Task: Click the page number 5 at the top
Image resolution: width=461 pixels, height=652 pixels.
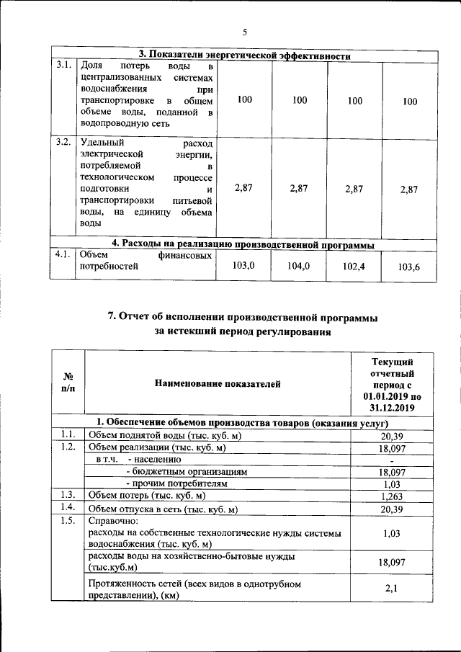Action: [x=244, y=32]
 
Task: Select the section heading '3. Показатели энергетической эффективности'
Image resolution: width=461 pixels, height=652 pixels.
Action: [x=244, y=55]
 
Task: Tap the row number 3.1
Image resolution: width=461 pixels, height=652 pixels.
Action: [x=63, y=65]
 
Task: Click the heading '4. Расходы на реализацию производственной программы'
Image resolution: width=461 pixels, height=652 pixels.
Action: [x=245, y=243]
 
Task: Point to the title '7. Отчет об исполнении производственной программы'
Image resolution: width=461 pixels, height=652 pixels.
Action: [x=244, y=317]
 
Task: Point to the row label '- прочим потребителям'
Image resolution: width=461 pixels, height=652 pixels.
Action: [x=176, y=483]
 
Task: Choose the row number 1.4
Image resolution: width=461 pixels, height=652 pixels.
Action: [x=68, y=508]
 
